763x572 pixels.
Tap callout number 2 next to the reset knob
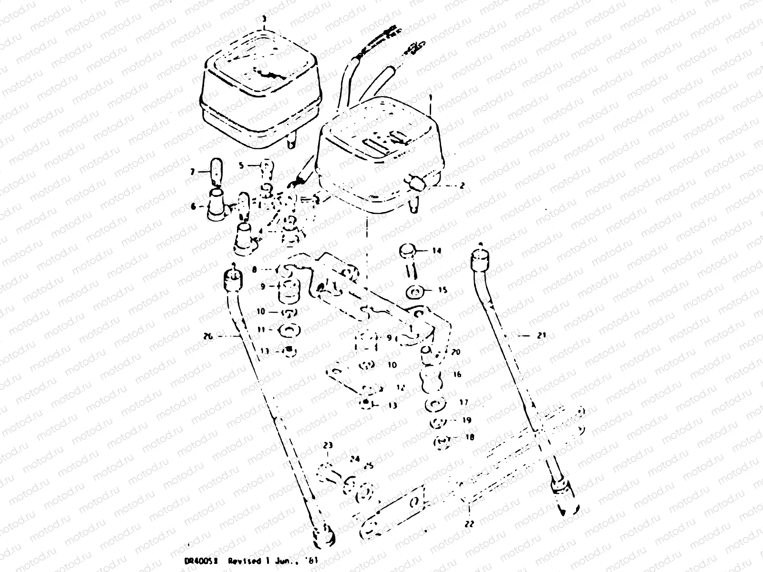pos(462,186)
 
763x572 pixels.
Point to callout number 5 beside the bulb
pos(241,165)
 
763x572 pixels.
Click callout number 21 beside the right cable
pos(540,335)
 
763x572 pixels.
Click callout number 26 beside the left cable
pos(207,337)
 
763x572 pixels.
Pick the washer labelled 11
pos(289,329)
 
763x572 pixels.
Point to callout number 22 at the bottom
pos(469,523)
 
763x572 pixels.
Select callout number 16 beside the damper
pos(457,375)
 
